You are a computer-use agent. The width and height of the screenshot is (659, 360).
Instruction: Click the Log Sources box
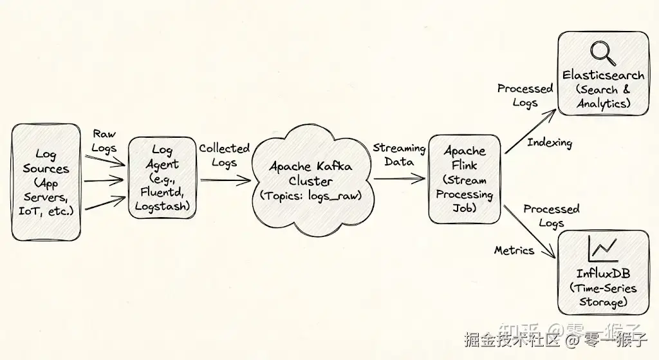pyautogui.click(x=46, y=183)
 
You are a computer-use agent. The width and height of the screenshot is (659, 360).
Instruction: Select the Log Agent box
pyautogui.click(x=162, y=178)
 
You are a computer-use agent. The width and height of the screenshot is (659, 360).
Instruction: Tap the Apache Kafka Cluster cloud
pyautogui.click(x=310, y=180)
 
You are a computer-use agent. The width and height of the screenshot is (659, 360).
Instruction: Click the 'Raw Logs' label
pyautogui.click(x=104, y=141)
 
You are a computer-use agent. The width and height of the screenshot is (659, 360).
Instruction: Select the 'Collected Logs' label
pyautogui.click(x=224, y=155)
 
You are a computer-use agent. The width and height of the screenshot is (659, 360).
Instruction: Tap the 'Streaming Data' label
pyautogui.click(x=399, y=155)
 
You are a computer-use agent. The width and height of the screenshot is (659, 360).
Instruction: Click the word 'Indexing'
pyautogui.click(x=550, y=143)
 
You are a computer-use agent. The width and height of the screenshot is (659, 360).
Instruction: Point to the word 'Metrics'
pyautogui.click(x=514, y=250)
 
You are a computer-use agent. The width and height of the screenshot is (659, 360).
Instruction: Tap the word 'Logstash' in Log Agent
pyautogui.click(x=162, y=206)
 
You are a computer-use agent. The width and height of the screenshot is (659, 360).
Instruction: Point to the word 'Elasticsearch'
pyautogui.click(x=603, y=75)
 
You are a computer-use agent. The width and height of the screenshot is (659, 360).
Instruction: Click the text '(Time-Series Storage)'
pyautogui.click(x=603, y=295)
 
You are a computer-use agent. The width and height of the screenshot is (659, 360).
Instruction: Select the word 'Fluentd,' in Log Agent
pyautogui.click(x=162, y=192)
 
